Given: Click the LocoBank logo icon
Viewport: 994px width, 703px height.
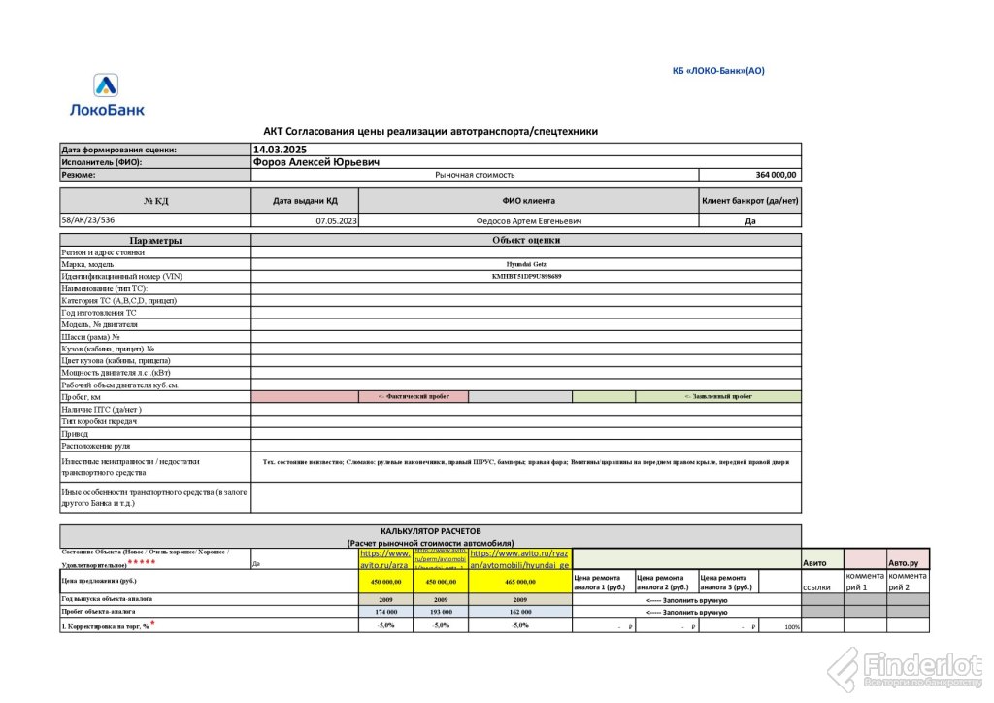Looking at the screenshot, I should [106, 86].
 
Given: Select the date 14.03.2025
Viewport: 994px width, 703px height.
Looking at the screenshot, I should [280, 150].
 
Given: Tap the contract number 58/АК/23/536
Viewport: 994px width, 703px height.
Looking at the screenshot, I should [87, 220].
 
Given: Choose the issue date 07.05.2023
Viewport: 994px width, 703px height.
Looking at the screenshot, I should [337, 221].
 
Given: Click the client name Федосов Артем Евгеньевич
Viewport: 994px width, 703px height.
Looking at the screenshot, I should [529, 221].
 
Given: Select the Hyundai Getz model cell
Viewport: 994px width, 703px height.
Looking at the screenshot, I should [525, 264].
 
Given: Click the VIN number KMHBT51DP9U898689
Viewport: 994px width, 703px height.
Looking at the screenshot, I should [526, 277].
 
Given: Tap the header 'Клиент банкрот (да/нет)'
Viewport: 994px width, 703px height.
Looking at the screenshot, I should [750, 201].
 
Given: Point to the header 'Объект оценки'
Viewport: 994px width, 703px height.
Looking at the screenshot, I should [526, 240].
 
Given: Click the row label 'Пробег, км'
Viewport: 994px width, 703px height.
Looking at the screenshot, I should [81, 397].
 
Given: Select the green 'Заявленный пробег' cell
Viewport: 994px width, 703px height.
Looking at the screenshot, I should [718, 396].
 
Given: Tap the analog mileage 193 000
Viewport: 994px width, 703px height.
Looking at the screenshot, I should [441, 612].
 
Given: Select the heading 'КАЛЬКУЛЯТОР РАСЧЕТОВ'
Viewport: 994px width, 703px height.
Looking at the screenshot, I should [430, 531].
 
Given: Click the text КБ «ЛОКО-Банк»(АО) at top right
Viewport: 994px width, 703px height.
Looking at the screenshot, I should [718, 70].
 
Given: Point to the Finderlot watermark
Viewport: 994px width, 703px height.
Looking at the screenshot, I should [908, 668].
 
